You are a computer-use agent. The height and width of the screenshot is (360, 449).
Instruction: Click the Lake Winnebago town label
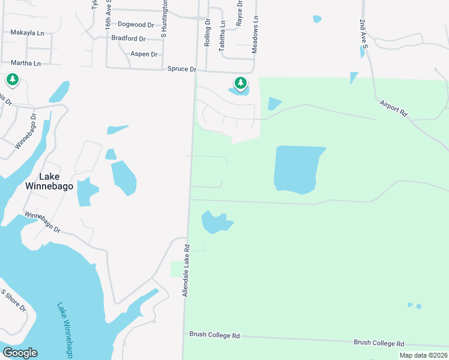pos(56,181)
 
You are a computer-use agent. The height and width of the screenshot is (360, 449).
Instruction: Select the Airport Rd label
pos(393,108)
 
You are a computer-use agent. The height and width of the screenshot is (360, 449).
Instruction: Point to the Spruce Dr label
pos(182,70)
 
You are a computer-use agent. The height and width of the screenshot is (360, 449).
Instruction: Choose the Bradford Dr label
pos(128,38)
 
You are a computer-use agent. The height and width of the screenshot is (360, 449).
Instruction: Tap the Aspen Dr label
pos(144,54)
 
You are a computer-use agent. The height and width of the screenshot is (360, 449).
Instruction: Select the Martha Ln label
pos(25,63)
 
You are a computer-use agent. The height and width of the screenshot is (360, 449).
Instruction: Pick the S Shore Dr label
pos(13,301)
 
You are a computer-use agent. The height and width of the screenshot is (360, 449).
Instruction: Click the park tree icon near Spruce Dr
pos(240,82)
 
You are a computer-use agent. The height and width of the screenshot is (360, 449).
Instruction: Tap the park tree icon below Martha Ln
pos(12,79)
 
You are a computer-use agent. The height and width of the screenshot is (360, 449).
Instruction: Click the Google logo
pos(20,353)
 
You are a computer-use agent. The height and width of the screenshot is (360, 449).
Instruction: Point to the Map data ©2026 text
pos(423,355)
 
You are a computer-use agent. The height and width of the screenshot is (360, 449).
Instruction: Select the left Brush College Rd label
pos(214,335)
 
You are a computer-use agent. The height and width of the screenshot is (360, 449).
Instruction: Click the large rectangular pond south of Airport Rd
pos(298,169)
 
